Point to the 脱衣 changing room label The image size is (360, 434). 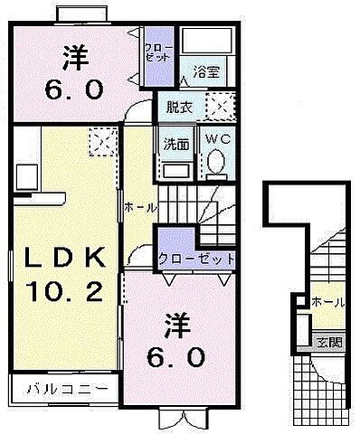pos(179,108)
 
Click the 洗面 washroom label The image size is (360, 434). pos(175,141)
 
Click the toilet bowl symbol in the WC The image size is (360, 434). pos(216,162)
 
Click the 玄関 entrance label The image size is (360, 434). pos(328,343)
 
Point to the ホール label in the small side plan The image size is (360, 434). pos(327,302)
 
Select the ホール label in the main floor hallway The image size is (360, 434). pos(140,207)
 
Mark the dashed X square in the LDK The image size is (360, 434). pos(99,140)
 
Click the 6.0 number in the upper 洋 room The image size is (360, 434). pos(76,90)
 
